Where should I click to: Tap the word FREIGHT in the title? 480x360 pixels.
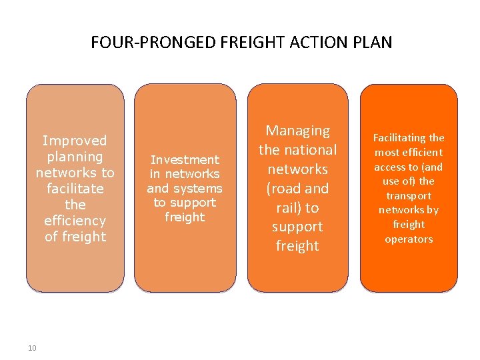pos(239,43)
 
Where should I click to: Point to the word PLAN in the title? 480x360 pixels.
pos(373,43)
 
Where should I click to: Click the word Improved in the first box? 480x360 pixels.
pos(75,141)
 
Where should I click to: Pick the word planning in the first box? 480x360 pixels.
pos(75,157)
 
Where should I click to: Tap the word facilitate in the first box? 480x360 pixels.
pos(75,189)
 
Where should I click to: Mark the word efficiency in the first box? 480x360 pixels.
pos(75,221)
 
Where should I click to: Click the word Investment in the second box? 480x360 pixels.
pos(185,160)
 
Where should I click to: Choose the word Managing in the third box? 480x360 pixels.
pos(297,131)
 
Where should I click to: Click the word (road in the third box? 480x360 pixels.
pos(283,189)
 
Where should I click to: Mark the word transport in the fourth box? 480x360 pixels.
pos(409,196)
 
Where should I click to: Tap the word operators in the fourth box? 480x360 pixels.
pos(409,239)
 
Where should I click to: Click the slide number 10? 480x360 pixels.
pos(33,347)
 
